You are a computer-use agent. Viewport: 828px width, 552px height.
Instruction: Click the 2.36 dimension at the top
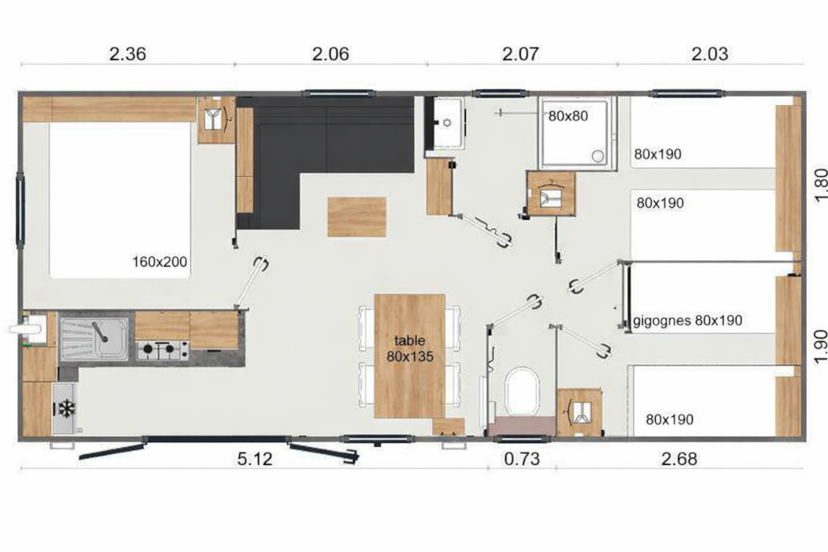point(127,54)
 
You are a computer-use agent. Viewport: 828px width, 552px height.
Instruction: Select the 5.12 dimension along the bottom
point(255,459)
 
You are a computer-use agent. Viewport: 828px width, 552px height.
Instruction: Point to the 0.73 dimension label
point(522,459)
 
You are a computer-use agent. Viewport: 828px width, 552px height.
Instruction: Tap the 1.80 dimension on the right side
point(820,185)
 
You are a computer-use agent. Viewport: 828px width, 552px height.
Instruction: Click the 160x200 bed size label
point(159,262)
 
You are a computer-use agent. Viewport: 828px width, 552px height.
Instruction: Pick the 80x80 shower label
point(568,116)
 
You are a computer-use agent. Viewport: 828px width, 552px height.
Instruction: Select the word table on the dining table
point(410,341)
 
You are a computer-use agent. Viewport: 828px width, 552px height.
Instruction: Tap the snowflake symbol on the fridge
point(66,408)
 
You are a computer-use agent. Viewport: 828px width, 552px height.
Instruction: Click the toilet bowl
point(522,390)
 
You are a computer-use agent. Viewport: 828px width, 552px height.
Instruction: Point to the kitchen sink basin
point(94,339)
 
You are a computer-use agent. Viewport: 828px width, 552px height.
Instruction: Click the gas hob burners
point(163,349)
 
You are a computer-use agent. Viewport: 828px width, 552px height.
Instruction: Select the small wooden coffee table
point(357,217)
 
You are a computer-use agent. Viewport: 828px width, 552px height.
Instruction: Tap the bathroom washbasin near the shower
point(446,122)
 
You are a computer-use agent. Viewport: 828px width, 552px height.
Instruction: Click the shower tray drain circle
point(598,156)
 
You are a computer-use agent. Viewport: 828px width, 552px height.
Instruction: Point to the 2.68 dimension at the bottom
point(679,459)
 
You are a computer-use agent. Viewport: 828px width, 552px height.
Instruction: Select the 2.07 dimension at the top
point(521,54)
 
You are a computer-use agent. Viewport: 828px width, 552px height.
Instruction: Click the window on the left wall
point(20,209)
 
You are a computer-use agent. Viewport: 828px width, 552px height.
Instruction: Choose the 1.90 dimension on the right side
point(820,347)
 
